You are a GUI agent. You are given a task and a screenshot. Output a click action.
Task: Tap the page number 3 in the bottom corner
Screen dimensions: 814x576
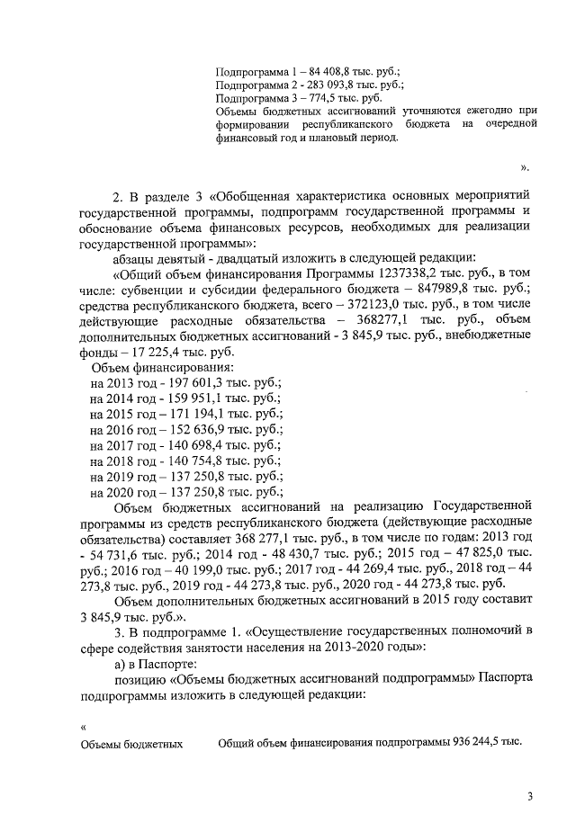(531, 796)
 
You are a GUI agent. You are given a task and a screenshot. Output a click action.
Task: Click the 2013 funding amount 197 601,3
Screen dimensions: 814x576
(197, 382)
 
